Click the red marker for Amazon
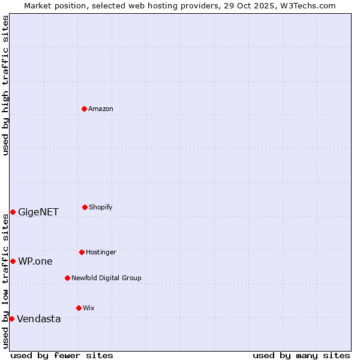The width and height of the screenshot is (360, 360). point(84,109)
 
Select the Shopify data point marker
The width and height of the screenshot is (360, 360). point(85,207)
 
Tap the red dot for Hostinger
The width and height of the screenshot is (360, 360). point(82,252)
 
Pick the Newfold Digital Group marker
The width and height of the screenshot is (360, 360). point(67,278)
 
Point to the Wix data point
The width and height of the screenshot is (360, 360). point(79,308)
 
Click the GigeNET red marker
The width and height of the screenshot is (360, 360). point(13,212)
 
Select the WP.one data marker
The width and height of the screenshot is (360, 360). point(13,261)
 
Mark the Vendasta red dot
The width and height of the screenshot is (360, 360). point(11,319)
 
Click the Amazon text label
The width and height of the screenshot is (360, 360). point(101,109)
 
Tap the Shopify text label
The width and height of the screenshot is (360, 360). point(101,207)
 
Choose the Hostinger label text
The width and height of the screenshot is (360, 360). point(101,252)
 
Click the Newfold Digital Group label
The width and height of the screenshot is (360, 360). point(106,278)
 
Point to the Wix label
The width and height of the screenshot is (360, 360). point(89,308)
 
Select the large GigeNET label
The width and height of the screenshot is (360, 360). point(38,212)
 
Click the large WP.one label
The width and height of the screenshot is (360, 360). point(35,261)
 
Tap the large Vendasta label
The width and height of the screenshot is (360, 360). point(39,319)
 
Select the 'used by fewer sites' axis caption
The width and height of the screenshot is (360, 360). point(62,355)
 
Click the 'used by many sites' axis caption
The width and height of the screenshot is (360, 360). point(301,355)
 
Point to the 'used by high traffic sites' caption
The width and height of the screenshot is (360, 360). point(5,85)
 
